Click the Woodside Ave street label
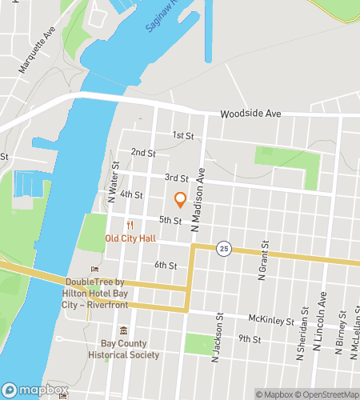tap(250, 114)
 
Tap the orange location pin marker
tap(180, 200)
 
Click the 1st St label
tap(183, 135)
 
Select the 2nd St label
tap(143, 152)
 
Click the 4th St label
tap(131, 194)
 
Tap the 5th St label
tap(170, 220)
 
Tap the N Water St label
tap(115, 179)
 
